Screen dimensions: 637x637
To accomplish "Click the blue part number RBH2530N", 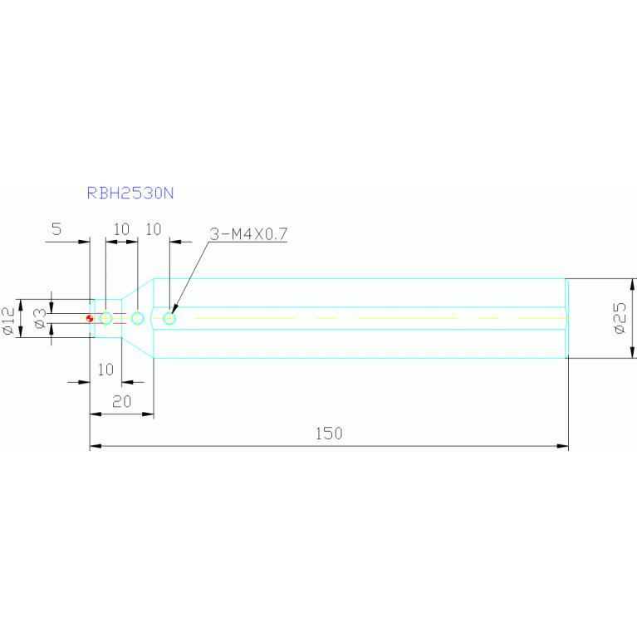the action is point(130,193).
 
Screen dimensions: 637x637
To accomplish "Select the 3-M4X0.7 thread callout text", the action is point(248,234).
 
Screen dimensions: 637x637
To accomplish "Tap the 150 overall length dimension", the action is point(329,434).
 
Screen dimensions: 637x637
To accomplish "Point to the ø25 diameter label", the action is point(620,319).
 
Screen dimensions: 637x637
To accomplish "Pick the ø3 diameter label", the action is point(40,319).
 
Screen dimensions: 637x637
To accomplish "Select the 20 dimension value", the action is point(121,402).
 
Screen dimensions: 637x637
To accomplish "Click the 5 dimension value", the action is point(56,229).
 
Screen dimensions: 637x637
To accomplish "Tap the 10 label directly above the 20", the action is point(105,370).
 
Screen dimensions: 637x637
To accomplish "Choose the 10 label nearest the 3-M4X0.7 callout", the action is point(154,229).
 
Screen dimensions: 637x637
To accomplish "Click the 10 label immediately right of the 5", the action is point(121,229).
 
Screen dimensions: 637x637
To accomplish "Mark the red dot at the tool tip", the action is point(90,319).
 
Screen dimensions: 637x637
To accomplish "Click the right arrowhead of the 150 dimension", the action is point(562,446).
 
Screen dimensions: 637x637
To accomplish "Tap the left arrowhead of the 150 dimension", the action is point(96,446).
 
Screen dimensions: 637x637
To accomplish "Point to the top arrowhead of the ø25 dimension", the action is point(632,284).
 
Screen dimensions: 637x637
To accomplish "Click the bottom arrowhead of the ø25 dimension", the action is point(632,353).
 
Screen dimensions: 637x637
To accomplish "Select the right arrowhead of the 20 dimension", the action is point(148,414).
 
